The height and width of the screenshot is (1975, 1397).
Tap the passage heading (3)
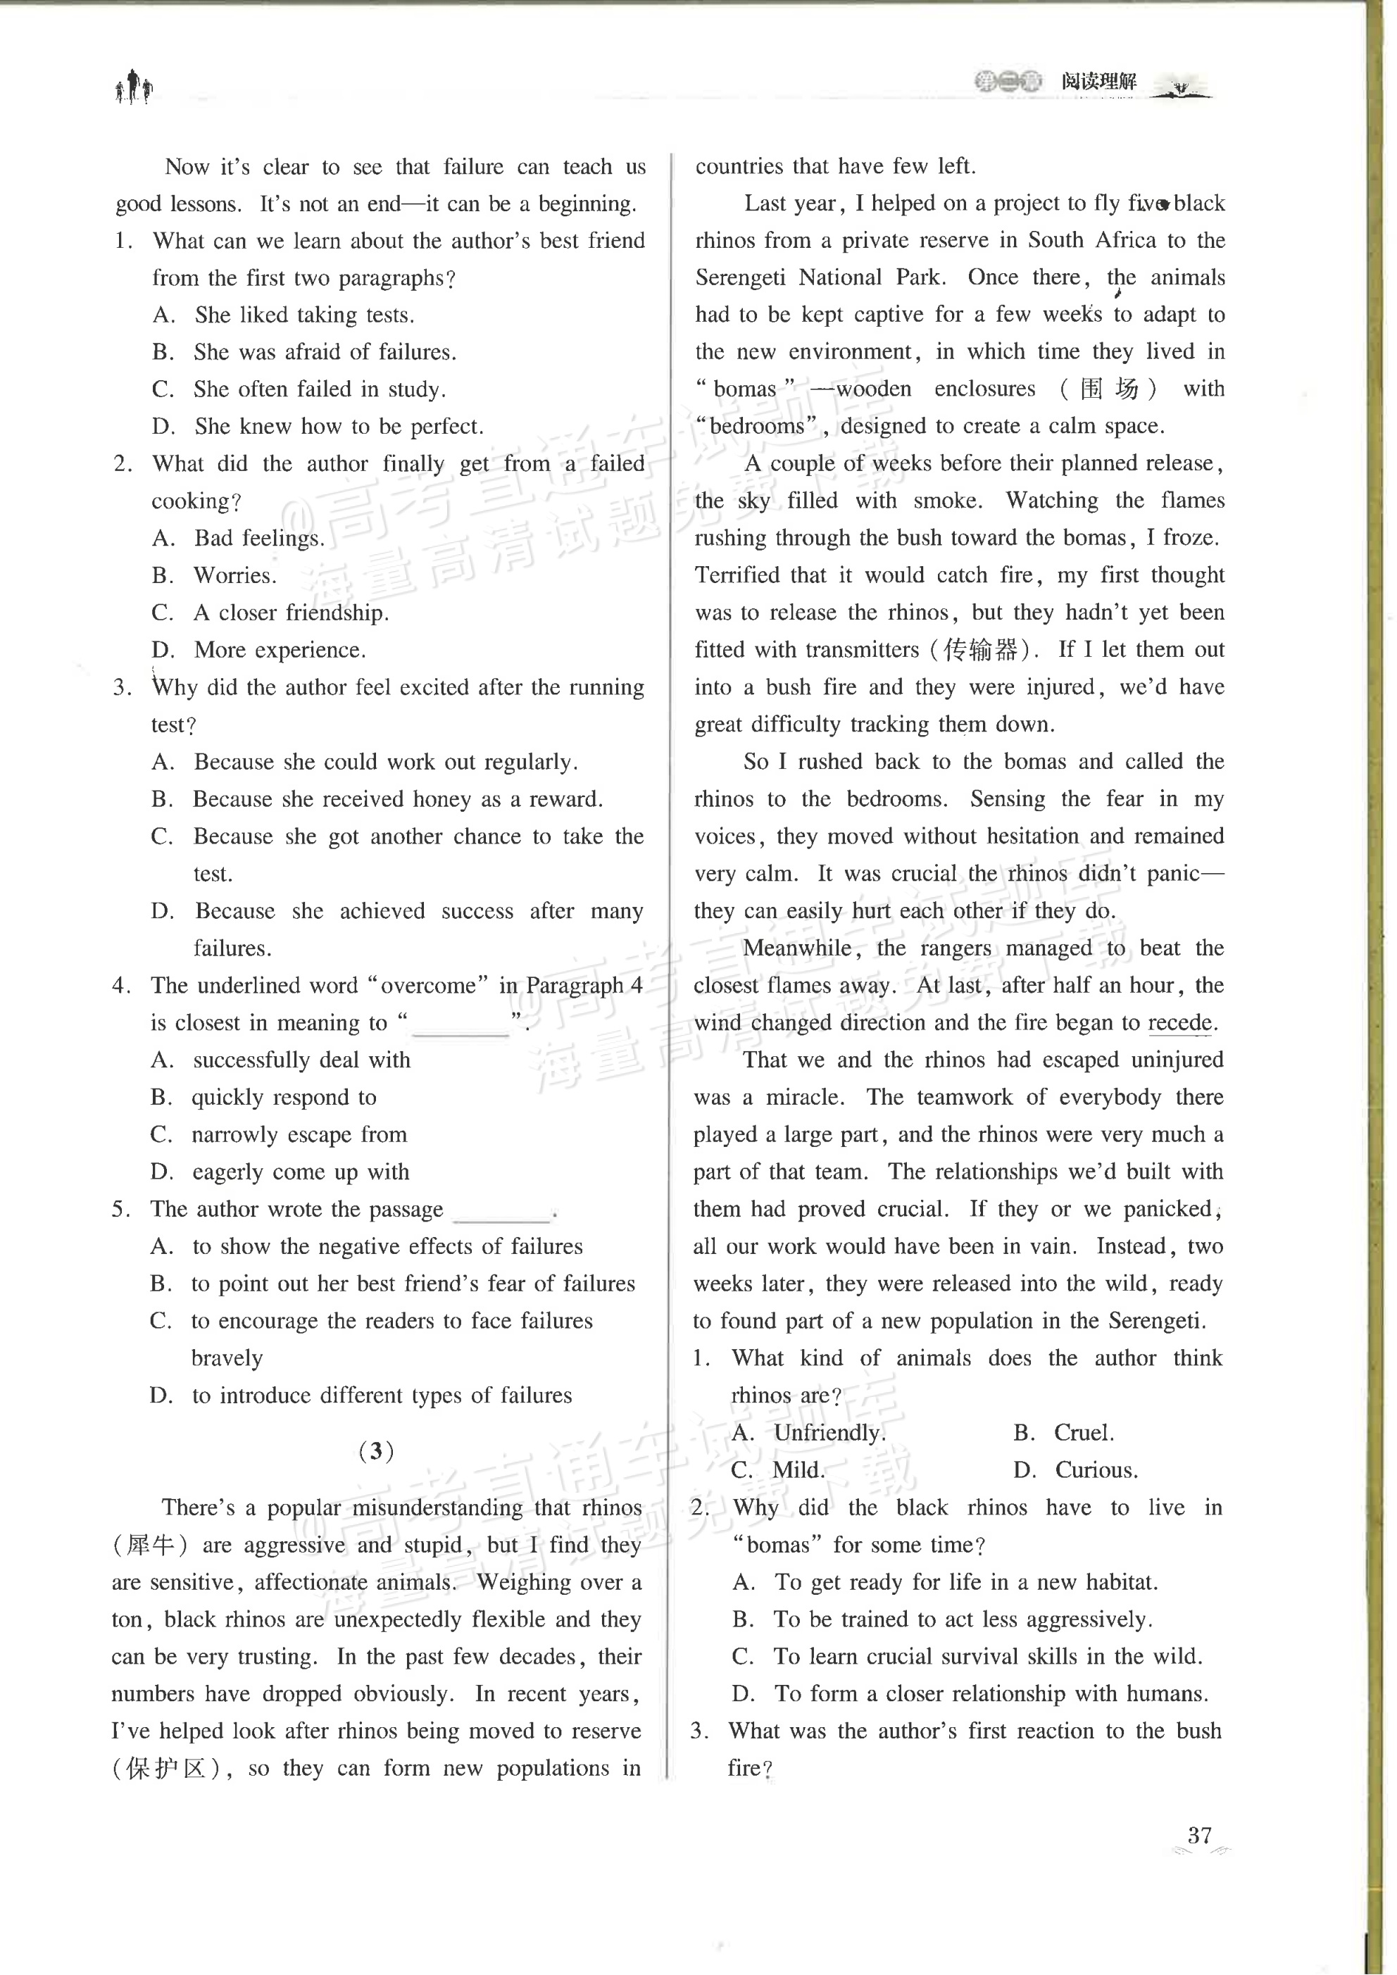pos(376,1451)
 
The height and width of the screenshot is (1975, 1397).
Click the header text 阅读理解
pos(1098,82)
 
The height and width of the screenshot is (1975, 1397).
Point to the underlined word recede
pos(1180,1023)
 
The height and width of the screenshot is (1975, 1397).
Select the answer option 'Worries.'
pos(235,575)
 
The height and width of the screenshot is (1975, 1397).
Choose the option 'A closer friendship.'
pos(291,613)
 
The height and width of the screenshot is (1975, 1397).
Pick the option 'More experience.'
pos(280,651)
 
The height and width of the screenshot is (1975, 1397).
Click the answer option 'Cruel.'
pos(1084,1432)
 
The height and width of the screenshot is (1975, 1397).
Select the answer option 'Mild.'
pos(798,1469)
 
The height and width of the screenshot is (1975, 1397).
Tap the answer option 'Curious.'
pos(1096,1469)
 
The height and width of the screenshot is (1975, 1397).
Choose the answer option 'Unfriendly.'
pos(829,1432)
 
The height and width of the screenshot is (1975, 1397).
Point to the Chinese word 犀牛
pos(151,1545)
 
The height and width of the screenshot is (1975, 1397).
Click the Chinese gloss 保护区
pos(167,1768)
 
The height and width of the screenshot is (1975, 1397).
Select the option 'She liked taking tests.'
pos(303,315)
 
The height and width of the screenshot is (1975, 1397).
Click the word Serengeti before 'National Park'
pos(739,278)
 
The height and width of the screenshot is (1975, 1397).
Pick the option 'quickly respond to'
pos(284,1098)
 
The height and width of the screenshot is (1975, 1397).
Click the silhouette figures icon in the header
pos(134,87)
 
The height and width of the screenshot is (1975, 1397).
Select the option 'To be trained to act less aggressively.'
pos(961,1619)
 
